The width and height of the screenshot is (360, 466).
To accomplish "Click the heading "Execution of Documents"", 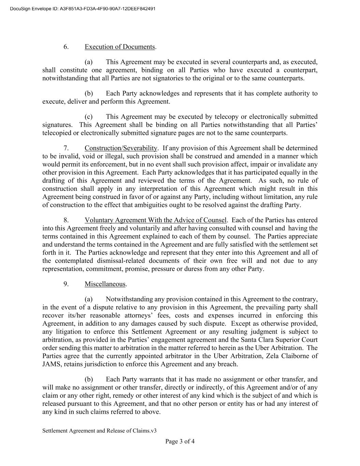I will pyautogui.click(x=120, y=47).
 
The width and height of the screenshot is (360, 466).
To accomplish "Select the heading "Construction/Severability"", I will pyautogui.click(x=121, y=148).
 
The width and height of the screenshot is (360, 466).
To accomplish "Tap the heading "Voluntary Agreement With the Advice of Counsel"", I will pyautogui.click(x=155, y=220).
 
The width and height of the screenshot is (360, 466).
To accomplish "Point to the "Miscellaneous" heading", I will pyautogui.click(x=105, y=284).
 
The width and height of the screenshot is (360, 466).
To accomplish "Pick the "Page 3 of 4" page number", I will pyautogui.click(x=180, y=441).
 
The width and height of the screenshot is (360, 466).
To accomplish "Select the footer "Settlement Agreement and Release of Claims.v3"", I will pyautogui.click(x=99, y=431).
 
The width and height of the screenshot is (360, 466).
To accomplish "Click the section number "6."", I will pyautogui.click(x=66, y=47).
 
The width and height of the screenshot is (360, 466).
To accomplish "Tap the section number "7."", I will pyautogui.click(x=66, y=148).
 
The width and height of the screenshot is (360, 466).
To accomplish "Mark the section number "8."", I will pyautogui.click(x=66, y=220).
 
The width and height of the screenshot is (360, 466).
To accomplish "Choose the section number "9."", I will pyautogui.click(x=66, y=284).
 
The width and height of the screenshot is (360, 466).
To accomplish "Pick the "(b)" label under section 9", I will pyautogui.click(x=89, y=379).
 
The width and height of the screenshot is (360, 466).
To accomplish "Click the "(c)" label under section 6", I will pyautogui.click(x=89, y=117).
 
